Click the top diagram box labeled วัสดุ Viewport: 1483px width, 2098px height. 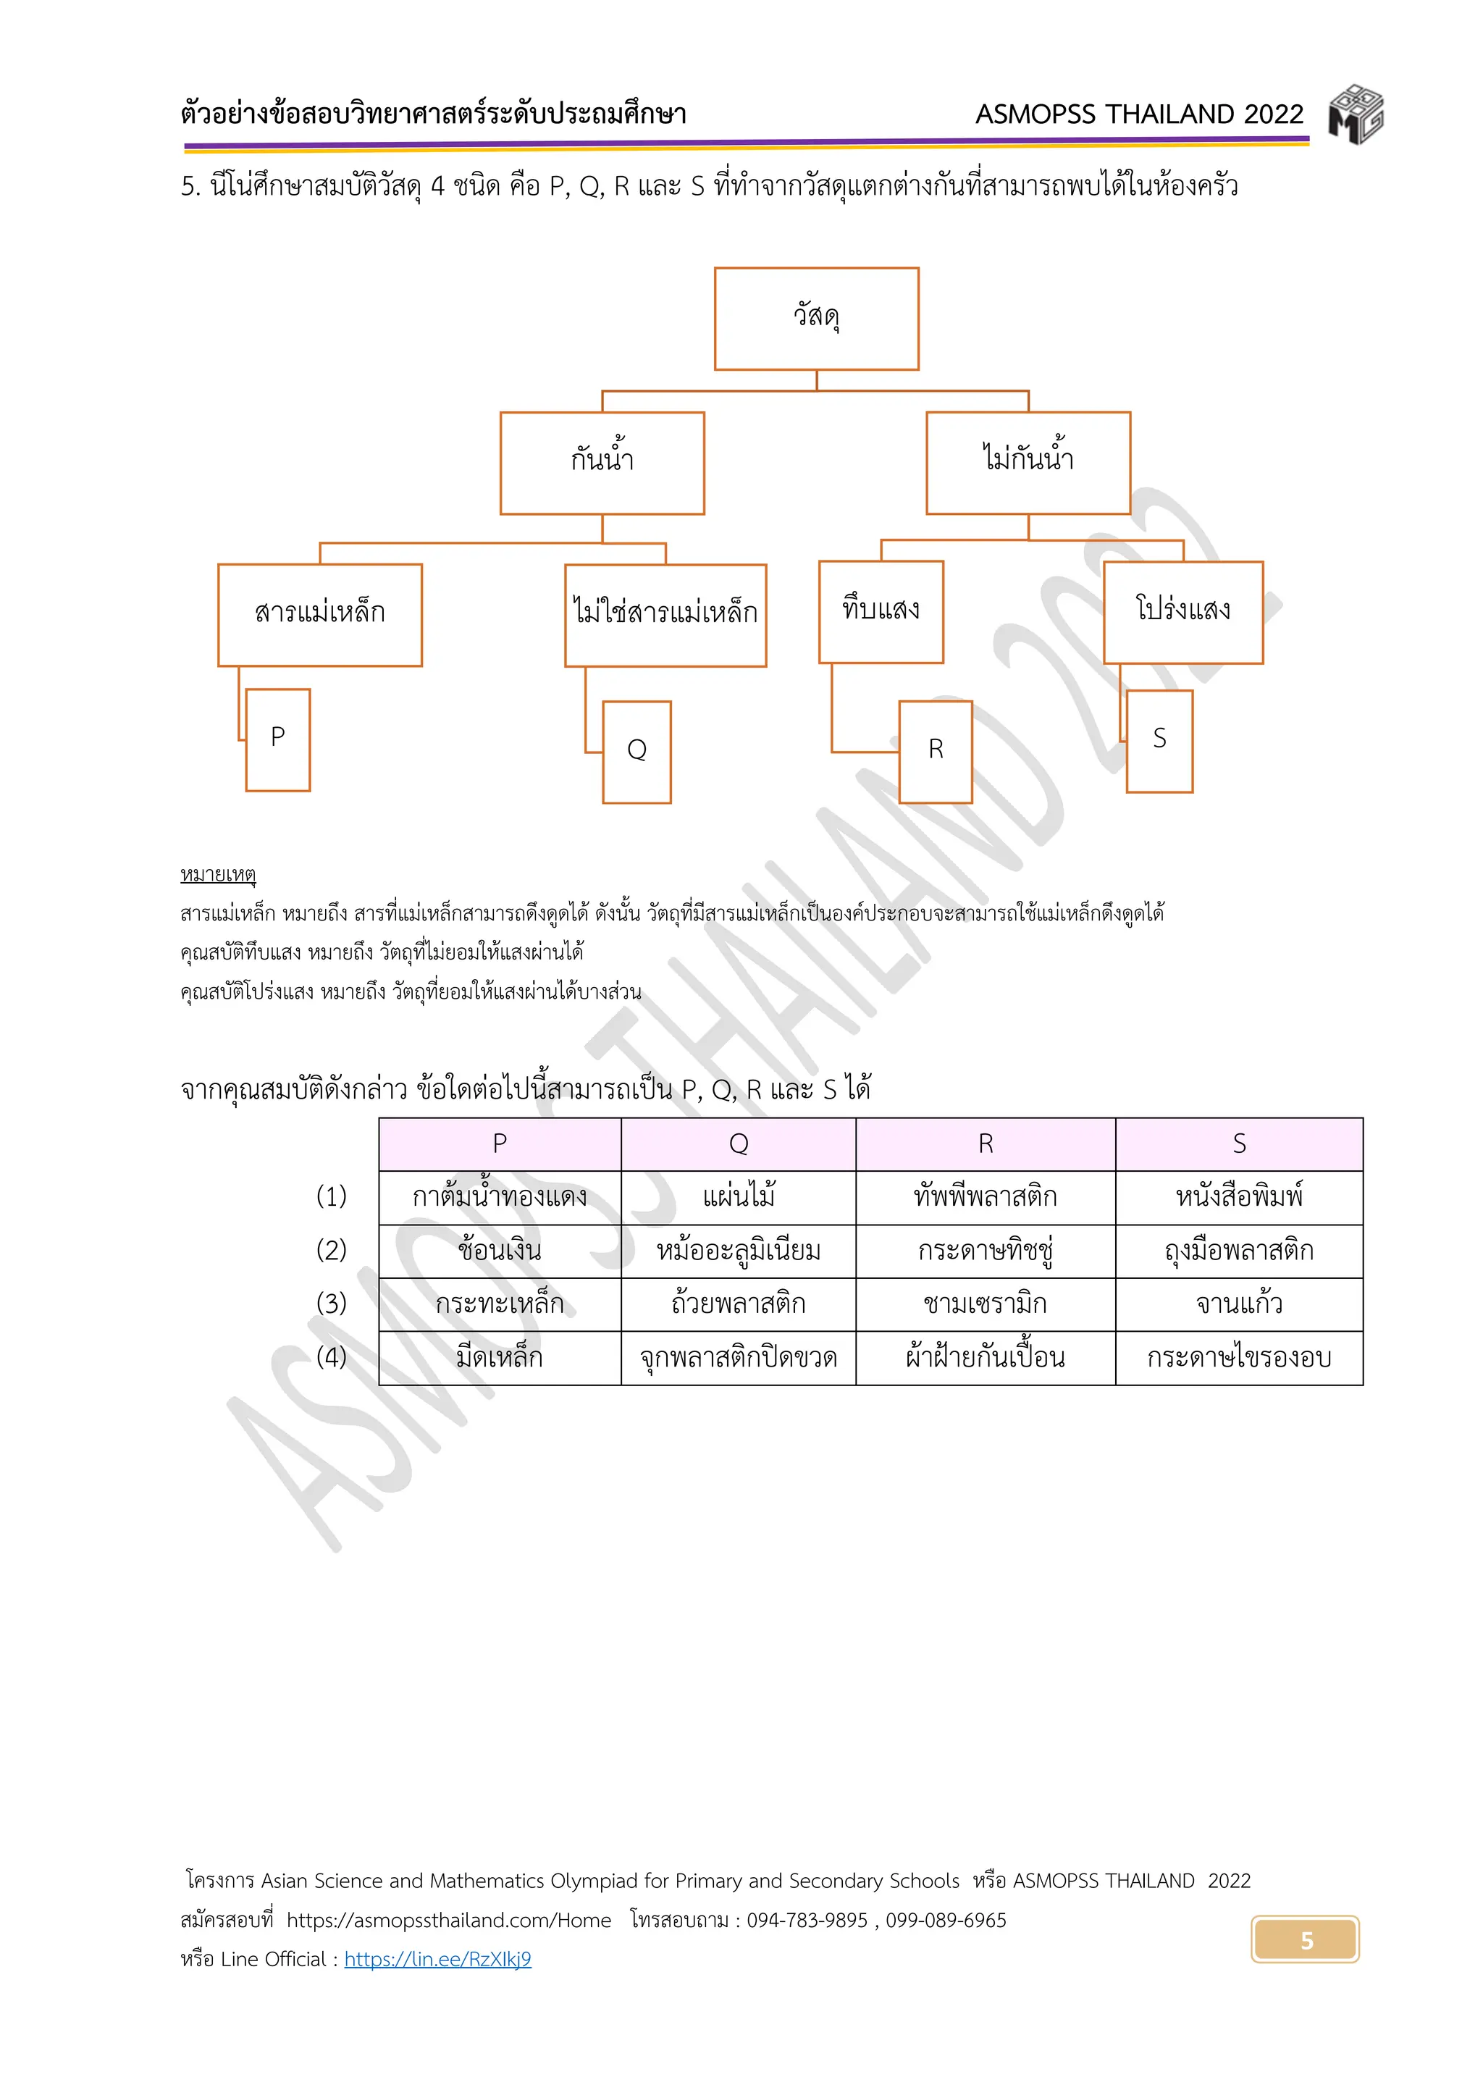click(816, 318)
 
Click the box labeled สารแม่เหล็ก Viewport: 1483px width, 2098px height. click(320, 614)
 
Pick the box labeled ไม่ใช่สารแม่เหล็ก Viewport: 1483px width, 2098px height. click(665, 615)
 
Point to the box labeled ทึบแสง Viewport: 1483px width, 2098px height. click(881, 611)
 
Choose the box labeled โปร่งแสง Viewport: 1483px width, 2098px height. click(1182, 612)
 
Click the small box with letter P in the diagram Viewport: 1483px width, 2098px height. click(278, 739)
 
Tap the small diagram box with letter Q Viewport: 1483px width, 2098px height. click(637, 752)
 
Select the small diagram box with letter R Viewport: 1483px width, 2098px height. click(936, 751)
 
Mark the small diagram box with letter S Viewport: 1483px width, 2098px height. click(1159, 740)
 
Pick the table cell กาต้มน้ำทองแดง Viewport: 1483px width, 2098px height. click(500, 1197)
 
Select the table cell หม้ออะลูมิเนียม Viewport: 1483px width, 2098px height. click(739, 1251)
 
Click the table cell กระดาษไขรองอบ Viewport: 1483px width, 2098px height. click(1238, 1358)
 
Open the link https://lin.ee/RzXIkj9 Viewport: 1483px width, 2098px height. click(437, 1959)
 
